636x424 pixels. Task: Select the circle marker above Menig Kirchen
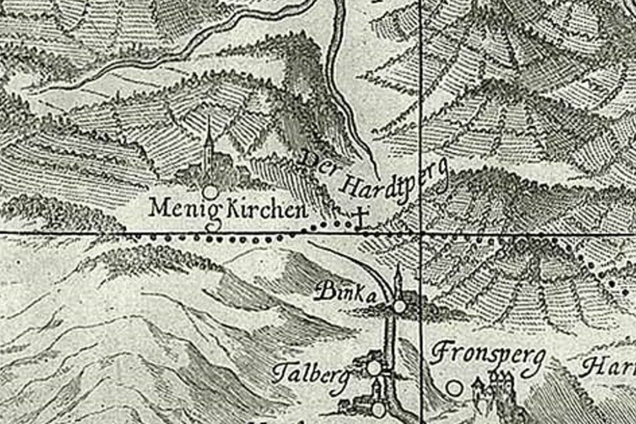point(210,192)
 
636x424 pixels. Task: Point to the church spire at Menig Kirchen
point(209,135)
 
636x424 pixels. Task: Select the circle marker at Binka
point(399,306)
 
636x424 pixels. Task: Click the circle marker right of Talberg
point(373,368)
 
